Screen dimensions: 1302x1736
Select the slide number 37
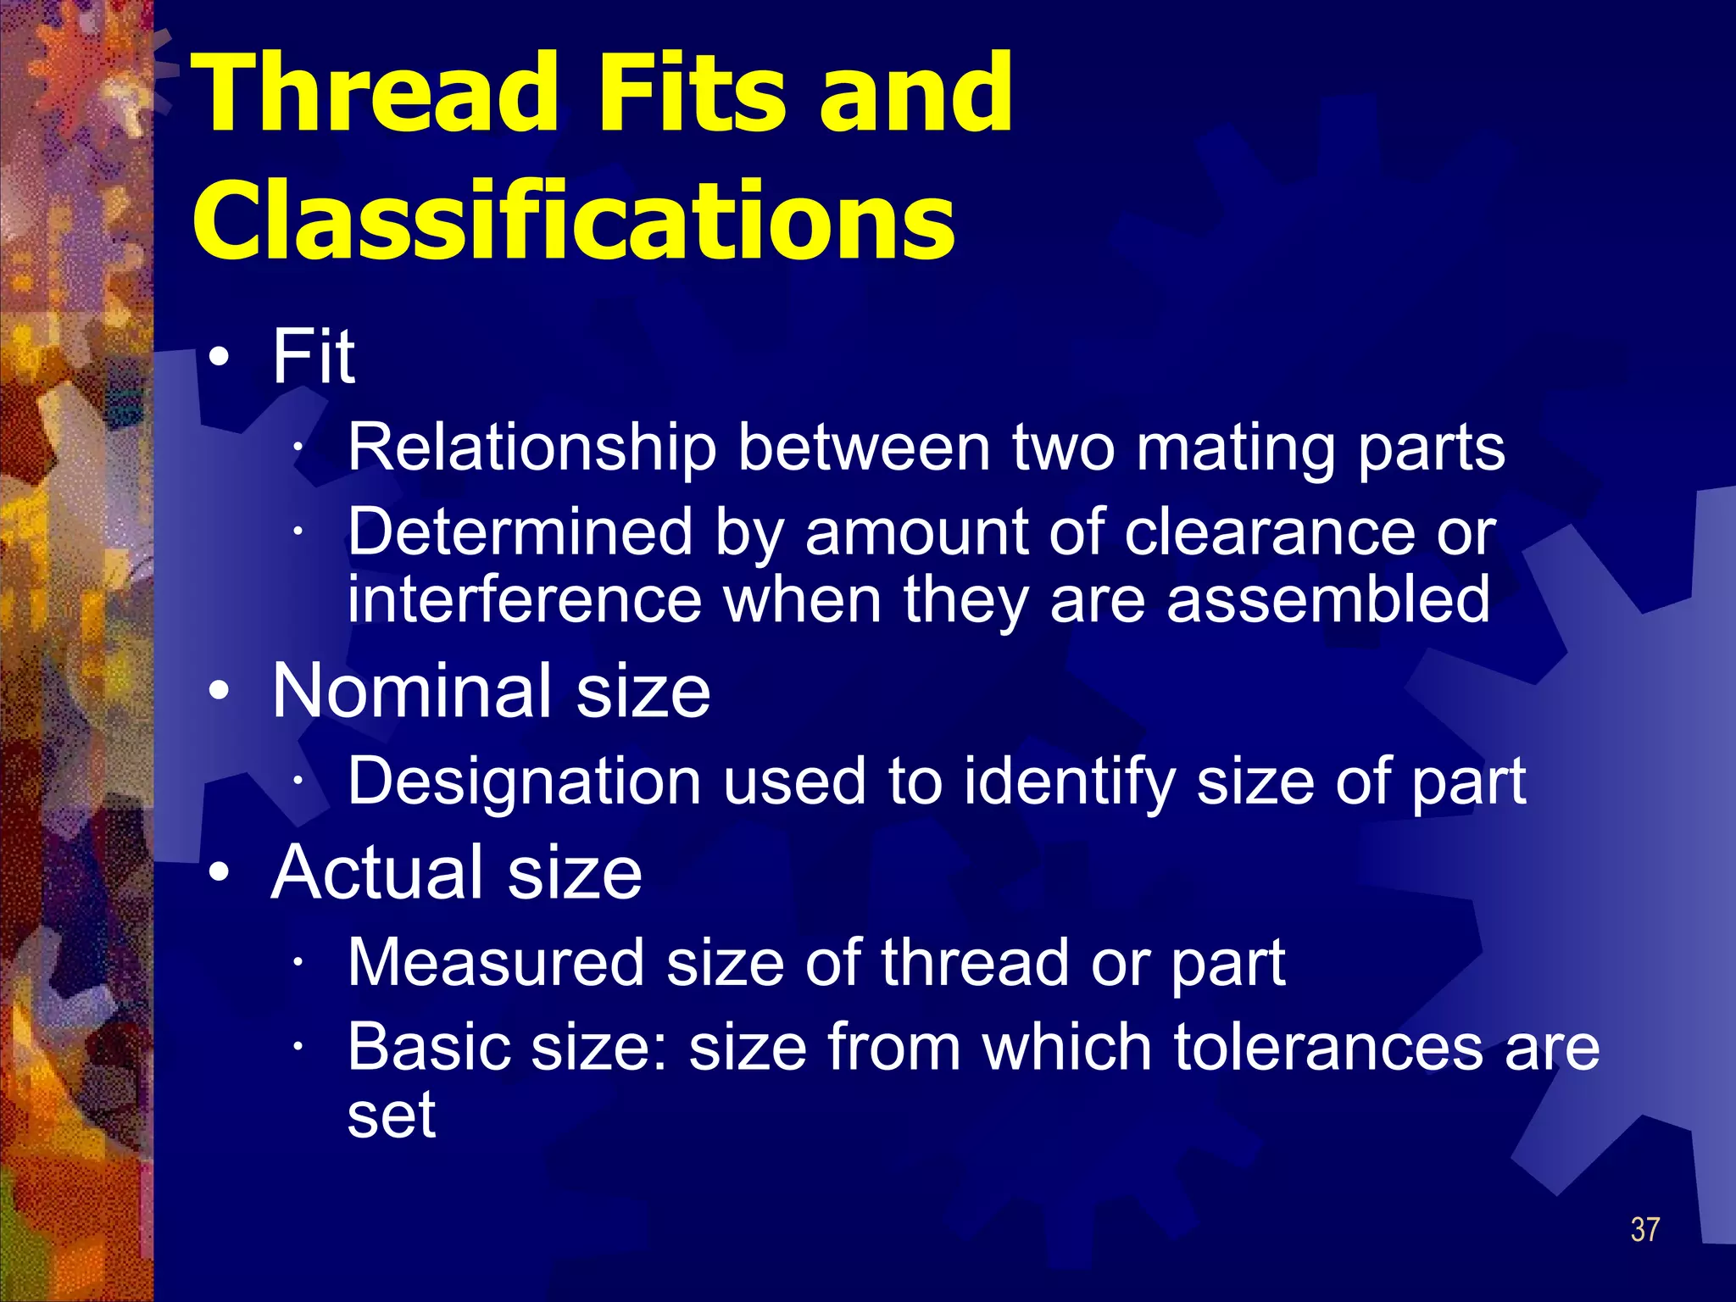(x=1644, y=1229)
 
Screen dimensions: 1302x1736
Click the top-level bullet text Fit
(x=313, y=357)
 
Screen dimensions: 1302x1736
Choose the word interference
(x=525, y=598)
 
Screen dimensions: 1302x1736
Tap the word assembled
(x=1327, y=598)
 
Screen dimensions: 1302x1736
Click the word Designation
(x=524, y=781)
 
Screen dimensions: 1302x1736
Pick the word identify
(x=1069, y=781)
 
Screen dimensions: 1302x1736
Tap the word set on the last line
(x=392, y=1115)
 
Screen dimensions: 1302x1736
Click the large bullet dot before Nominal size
(x=219, y=692)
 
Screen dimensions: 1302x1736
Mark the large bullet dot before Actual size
(x=219, y=872)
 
